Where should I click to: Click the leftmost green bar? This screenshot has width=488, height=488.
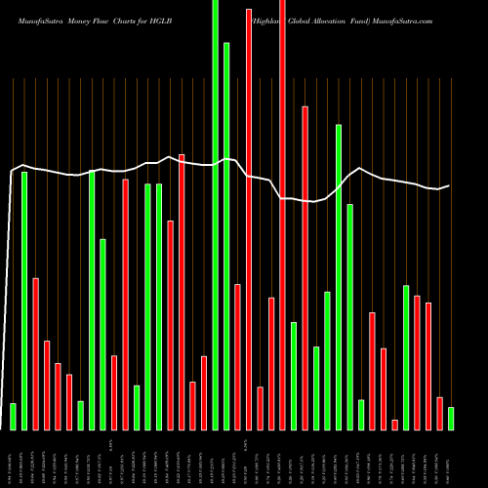[13, 416]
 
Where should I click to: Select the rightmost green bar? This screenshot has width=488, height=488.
[451, 419]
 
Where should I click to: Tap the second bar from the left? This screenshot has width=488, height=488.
[24, 301]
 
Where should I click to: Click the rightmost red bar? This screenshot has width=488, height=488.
[439, 414]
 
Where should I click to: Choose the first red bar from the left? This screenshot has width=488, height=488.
[35, 354]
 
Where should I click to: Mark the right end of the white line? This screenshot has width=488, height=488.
[450, 185]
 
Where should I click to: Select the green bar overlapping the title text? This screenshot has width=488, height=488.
[215, 215]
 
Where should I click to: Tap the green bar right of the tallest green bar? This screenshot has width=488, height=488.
[226, 236]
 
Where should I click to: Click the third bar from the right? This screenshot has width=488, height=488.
[428, 366]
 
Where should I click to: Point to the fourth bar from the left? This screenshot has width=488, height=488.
[47, 386]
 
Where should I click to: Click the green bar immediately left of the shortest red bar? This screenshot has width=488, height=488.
[361, 415]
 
